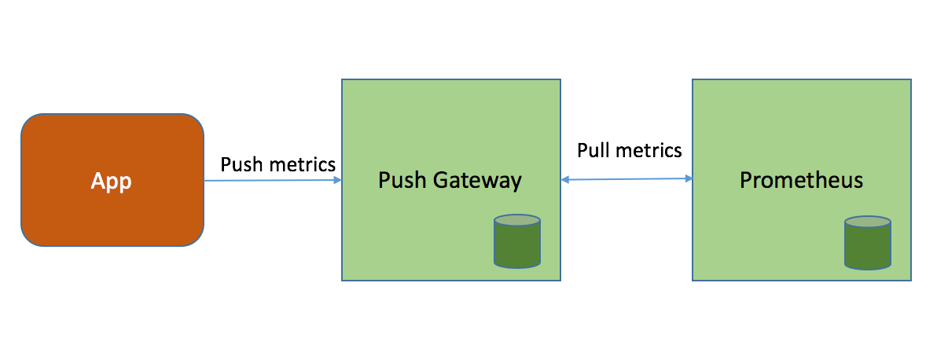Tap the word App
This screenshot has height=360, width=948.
coord(112,181)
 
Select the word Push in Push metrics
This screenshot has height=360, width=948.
coord(241,164)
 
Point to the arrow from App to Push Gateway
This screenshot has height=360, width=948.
coord(271,181)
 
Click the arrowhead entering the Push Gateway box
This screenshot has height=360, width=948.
coord(337,180)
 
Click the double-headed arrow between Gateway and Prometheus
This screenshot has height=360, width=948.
coord(626,180)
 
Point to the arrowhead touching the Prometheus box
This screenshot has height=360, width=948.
coord(688,179)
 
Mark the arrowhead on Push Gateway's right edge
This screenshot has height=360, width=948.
coord(565,181)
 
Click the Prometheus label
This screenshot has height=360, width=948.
coord(801,180)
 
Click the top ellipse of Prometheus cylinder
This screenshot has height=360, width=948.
coord(868,223)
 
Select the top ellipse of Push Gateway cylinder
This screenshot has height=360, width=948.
coord(517,220)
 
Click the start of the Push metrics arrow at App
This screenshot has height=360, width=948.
coord(206,181)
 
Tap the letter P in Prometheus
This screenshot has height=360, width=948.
coord(745,180)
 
